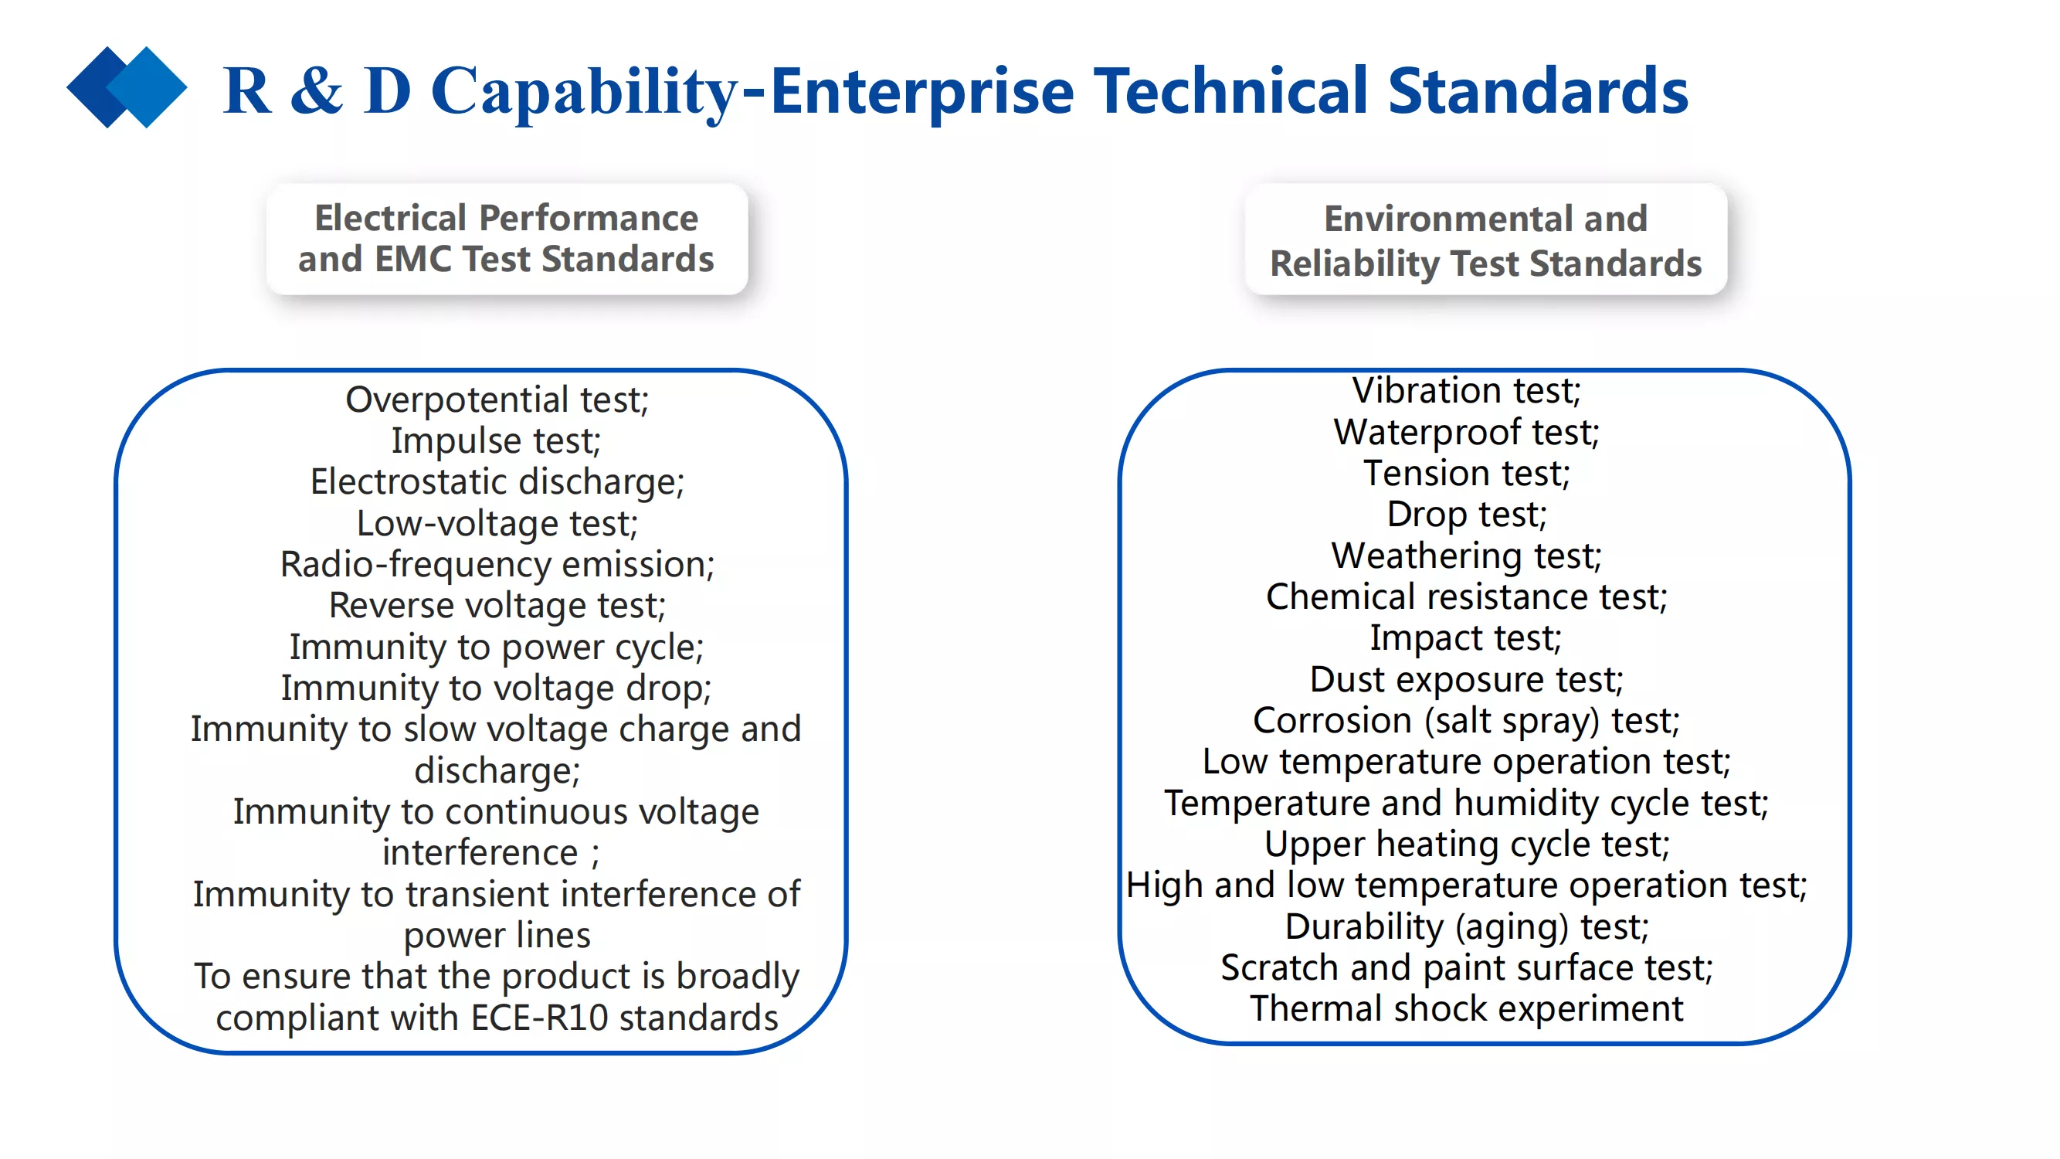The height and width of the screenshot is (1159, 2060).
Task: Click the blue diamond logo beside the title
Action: tap(127, 87)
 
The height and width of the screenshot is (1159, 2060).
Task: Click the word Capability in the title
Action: tap(584, 93)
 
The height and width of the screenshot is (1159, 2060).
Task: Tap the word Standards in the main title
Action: tap(1537, 91)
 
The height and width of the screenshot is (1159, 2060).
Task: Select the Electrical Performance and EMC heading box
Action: tap(507, 240)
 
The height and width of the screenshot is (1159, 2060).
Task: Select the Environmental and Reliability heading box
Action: tap(1486, 240)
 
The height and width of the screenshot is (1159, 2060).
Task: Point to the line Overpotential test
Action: tap(497, 400)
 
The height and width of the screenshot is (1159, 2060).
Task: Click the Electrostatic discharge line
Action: tap(497, 482)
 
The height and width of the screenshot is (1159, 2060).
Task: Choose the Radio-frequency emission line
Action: tap(497, 565)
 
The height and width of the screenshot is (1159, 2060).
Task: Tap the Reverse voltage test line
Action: tap(497, 606)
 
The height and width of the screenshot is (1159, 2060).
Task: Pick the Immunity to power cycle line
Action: tap(497, 647)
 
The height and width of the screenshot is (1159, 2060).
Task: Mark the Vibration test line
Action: tap(1467, 391)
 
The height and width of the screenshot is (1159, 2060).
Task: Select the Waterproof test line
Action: tap(1467, 433)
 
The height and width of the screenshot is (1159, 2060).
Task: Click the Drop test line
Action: tap(1467, 515)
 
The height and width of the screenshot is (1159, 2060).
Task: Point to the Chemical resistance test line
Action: tap(1467, 597)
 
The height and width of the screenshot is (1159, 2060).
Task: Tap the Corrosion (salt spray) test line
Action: tap(1467, 722)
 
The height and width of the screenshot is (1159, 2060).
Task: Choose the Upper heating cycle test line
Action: tap(1467, 845)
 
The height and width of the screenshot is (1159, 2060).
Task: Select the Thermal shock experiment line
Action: tap(1467, 1009)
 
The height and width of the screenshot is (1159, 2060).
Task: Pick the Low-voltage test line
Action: tap(497, 524)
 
